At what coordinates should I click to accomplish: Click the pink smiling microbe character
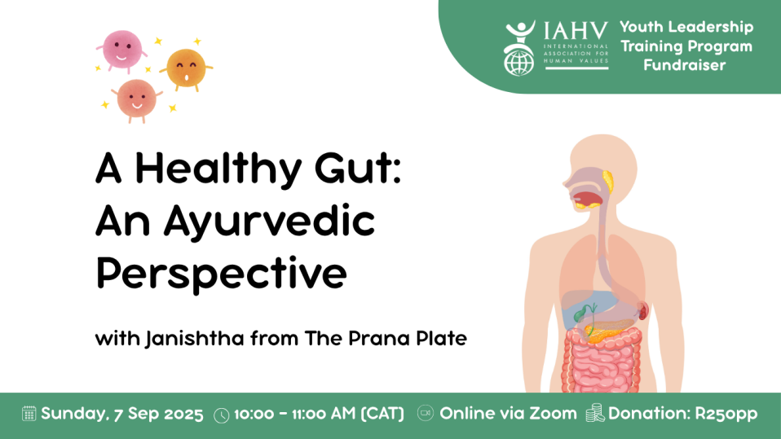pyautogui.click(x=122, y=50)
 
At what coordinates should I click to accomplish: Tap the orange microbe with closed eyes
pyautogui.click(x=187, y=68)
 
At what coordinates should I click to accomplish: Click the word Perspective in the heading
pyautogui.click(x=221, y=274)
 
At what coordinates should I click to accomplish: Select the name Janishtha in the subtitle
pyautogui.click(x=195, y=339)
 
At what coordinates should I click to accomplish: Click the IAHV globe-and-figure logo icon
pyautogui.click(x=519, y=48)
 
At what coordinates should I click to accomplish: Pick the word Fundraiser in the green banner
pyautogui.click(x=684, y=65)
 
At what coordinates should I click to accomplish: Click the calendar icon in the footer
pyautogui.click(x=29, y=414)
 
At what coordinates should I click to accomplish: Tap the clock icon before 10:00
pyautogui.click(x=222, y=415)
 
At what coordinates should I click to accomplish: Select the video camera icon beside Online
pyautogui.click(x=426, y=413)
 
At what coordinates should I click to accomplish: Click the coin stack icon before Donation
pyautogui.click(x=594, y=413)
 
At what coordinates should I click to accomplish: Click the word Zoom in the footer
pyautogui.click(x=553, y=413)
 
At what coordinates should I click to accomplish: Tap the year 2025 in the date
pyautogui.click(x=183, y=414)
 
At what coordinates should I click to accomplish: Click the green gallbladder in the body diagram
pyautogui.click(x=580, y=314)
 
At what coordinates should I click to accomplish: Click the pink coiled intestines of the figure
pyautogui.click(x=602, y=360)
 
